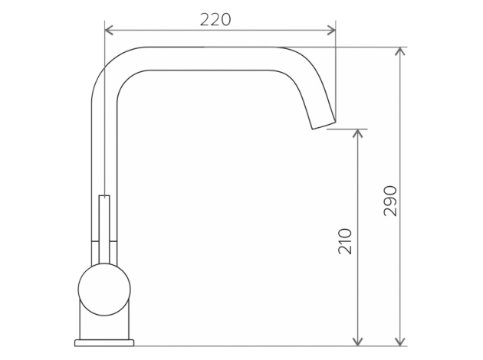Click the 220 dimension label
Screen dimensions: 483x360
[x=215, y=20]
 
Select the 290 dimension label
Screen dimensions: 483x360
[x=390, y=201]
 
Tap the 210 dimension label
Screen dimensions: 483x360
[x=345, y=241]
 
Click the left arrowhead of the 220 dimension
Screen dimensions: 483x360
[x=109, y=31]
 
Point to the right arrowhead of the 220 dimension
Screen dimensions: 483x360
[x=331, y=31]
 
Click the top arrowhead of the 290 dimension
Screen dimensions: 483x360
[x=400, y=51]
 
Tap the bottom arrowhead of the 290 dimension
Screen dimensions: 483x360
[x=400, y=342]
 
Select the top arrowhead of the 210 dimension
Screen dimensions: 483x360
[x=357, y=133]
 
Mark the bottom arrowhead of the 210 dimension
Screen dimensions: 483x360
[x=357, y=342]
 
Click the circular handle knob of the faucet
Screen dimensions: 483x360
[x=104, y=290]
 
